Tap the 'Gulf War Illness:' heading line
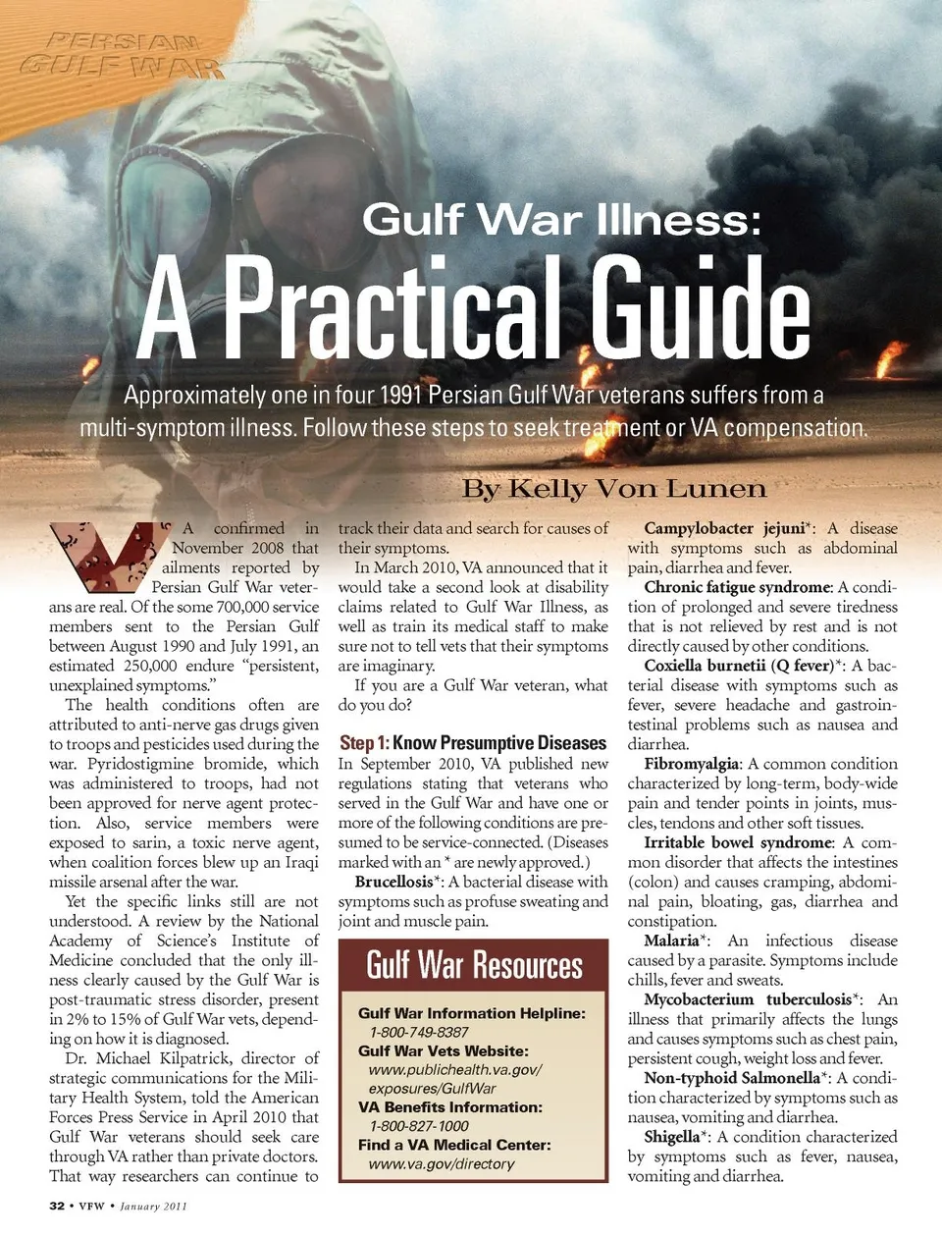pyautogui.click(x=561, y=219)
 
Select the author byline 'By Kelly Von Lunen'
pyautogui.click(x=614, y=489)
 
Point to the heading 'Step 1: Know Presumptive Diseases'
pyautogui.click(x=473, y=743)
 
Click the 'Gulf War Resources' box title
pyautogui.click(x=474, y=965)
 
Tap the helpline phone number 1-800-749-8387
pyautogui.click(x=419, y=1032)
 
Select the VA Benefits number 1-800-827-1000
pyautogui.click(x=419, y=1126)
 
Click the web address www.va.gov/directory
pyautogui.click(x=442, y=1163)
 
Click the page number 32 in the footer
pyautogui.click(x=57, y=1206)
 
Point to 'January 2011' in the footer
pyautogui.click(x=153, y=1206)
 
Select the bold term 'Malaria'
pyautogui.click(x=671, y=941)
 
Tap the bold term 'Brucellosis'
pyautogui.click(x=393, y=882)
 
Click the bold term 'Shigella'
pyautogui.click(x=671, y=1137)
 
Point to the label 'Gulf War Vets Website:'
pyautogui.click(x=443, y=1050)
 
